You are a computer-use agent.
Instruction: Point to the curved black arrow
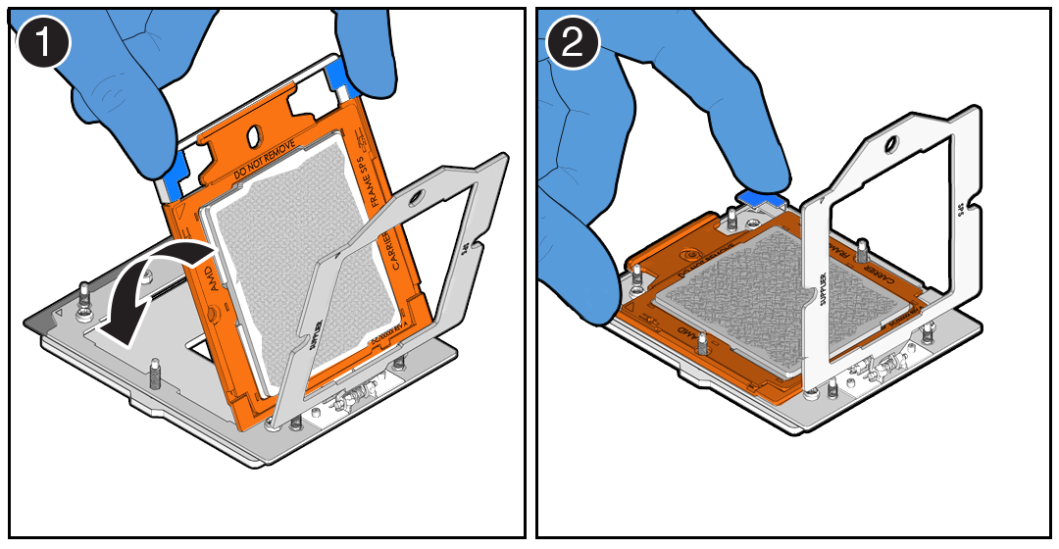click(147, 289)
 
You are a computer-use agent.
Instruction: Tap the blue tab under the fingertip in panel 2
click(760, 197)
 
